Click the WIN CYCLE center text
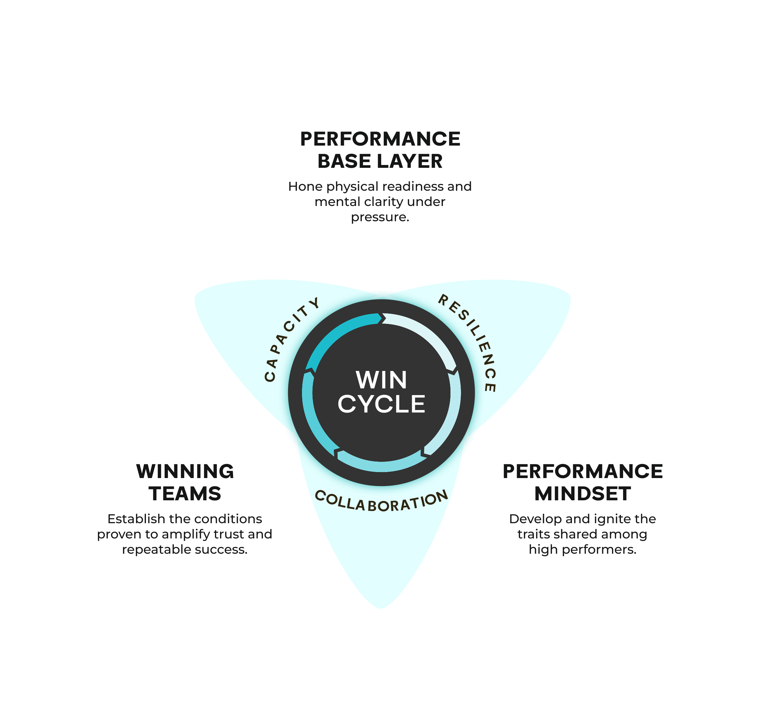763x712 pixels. tap(381, 392)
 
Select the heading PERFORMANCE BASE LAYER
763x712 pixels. tap(380, 150)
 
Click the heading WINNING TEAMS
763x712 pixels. tap(185, 482)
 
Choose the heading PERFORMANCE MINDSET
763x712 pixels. tap(583, 482)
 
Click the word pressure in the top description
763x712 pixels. tap(380, 217)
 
